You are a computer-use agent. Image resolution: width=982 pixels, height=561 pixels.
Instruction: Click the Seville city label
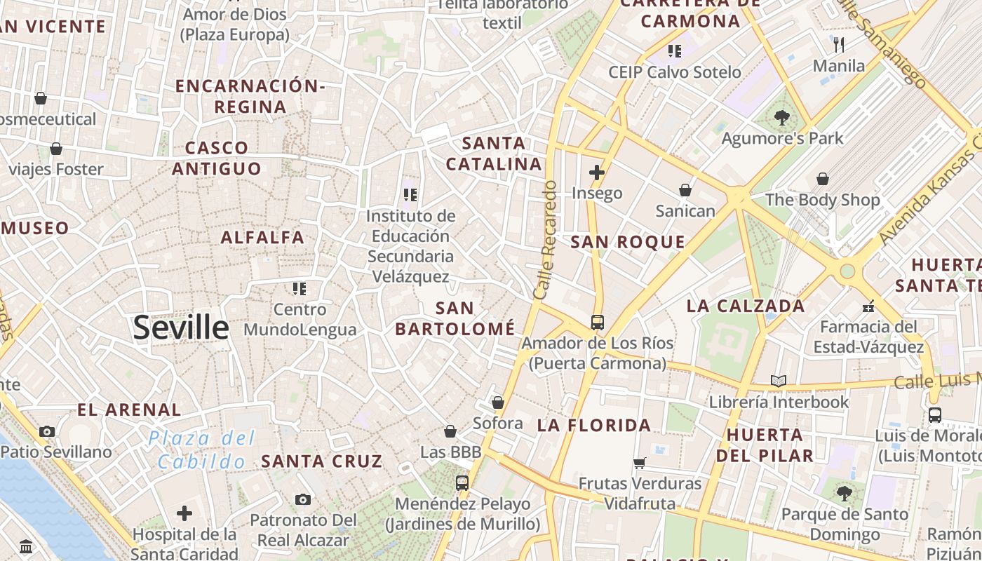tap(181, 327)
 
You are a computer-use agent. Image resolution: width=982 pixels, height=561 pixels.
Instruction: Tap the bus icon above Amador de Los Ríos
tap(597, 323)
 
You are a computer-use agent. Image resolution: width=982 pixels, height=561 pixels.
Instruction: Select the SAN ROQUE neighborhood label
tap(627, 243)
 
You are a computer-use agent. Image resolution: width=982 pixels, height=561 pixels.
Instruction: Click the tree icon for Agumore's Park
tap(782, 118)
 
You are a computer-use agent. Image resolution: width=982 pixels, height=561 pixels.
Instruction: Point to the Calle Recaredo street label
tap(545, 241)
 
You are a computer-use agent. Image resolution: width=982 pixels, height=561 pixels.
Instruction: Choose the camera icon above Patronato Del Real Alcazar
tap(303, 499)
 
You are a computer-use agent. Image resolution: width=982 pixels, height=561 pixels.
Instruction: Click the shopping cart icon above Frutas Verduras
tap(639, 463)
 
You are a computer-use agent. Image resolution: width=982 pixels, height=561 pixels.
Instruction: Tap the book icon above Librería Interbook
tap(778, 381)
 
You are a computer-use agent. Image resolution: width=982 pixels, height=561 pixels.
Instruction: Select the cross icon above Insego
tap(597, 173)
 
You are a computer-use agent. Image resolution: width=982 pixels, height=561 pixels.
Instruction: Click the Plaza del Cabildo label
tap(202, 450)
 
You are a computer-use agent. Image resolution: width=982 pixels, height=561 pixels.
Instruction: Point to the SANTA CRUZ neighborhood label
tap(322, 461)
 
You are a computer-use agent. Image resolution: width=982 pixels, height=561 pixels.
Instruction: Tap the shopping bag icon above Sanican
tap(685, 190)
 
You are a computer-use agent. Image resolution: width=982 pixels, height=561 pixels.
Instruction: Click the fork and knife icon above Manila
tap(839, 45)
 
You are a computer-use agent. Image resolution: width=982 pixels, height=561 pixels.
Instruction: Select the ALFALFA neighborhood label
tap(263, 238)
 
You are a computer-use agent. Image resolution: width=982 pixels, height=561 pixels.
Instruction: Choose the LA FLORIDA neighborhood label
tap(594, 425)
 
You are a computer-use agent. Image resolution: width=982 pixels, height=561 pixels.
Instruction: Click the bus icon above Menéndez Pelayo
tap(462, 482)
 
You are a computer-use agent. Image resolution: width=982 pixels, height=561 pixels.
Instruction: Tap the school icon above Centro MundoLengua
tap(300, 288)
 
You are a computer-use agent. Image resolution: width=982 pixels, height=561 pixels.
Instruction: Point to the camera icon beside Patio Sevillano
tap(47, 431)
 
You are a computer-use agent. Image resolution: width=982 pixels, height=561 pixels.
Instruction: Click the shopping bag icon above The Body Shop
tap(822, 179)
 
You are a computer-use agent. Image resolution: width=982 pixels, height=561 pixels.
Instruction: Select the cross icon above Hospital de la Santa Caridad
tap(184, 513)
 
